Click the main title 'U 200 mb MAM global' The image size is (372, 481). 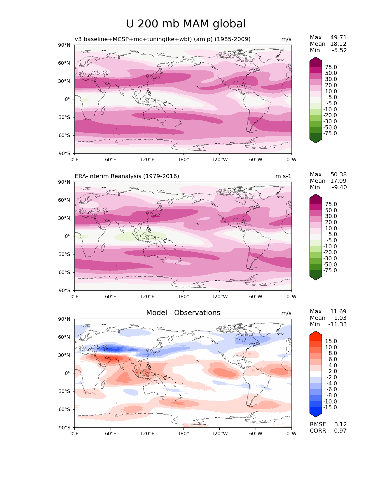[186, 24]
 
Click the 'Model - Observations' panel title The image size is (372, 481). [183, 313]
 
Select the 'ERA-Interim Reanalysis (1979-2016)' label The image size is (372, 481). [127, 176]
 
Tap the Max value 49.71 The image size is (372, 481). [338, 37]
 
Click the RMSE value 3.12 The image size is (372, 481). [340, 424]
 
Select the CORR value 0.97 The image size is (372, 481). [340, 431]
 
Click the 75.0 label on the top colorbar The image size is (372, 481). [331, 67]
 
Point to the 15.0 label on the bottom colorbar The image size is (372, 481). [331, 341]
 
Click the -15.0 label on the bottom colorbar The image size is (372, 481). [330, 407]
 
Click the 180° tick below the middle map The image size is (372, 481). [183, 296]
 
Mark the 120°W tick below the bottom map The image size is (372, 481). [220, 433]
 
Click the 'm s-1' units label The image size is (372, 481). [283, 176]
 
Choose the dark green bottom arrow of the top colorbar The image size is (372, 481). [316, 140]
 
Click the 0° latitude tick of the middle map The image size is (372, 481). [67, 236]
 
